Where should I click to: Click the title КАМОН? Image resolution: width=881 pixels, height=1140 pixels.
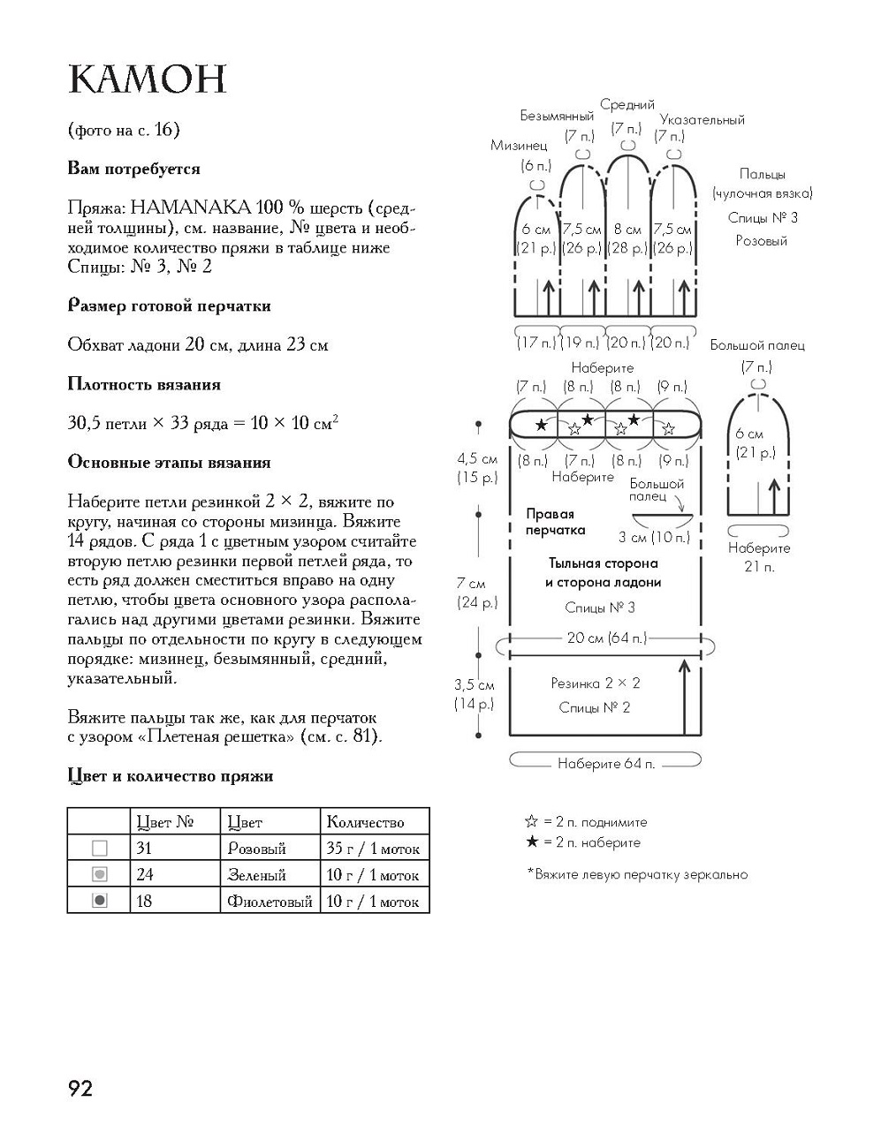[148, 80]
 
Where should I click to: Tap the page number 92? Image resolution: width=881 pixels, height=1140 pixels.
[80, 1088]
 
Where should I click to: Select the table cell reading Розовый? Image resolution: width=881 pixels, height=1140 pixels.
[257, 849]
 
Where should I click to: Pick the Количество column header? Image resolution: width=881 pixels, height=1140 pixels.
[365, 823]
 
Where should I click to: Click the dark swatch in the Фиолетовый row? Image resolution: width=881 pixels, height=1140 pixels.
[100, 902]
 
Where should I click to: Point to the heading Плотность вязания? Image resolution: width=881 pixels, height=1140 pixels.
[144, 384]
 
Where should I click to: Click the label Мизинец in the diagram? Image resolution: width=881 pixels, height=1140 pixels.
[519, 146]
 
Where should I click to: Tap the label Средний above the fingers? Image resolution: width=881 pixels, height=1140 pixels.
[627, 105]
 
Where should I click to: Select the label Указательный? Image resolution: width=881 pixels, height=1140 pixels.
[702, 120]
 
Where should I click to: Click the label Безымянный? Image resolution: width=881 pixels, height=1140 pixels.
[557, 116]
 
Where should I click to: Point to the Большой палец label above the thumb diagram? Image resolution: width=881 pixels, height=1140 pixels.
[756, 345]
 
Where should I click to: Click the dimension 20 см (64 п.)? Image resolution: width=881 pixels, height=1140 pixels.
[606, 638]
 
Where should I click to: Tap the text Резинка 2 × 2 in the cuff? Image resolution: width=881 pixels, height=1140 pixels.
[595, 683]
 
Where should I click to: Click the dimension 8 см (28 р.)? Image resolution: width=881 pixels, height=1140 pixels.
[627, 238]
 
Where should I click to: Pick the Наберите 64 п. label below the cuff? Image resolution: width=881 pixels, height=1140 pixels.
[606, 764]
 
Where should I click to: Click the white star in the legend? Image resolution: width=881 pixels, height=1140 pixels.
[531, 821]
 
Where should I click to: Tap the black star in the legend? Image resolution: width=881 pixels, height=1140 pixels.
[531, 842]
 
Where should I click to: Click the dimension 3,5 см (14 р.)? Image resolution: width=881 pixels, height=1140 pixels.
[475, 694]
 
